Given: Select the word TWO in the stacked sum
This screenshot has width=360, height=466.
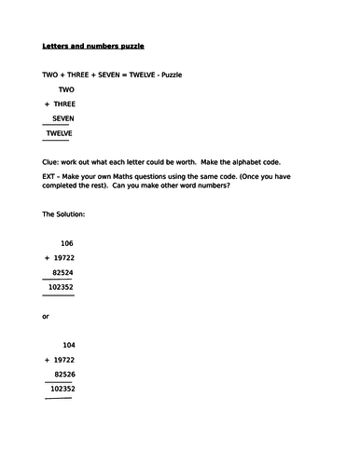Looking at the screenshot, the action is click(x=66, y=89).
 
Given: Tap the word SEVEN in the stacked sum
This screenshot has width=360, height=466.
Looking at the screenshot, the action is click(x=63, y=119).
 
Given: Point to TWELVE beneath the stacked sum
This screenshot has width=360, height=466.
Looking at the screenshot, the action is click(x=60, y=134).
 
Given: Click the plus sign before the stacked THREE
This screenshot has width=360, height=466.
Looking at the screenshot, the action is click(x=46, y=104).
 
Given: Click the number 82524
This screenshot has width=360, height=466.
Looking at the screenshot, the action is click(x=62, y=273).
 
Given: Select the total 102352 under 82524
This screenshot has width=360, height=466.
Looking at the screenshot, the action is click(x=60, y=288).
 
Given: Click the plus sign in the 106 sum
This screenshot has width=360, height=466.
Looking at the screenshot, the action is click(x=46, y=258).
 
